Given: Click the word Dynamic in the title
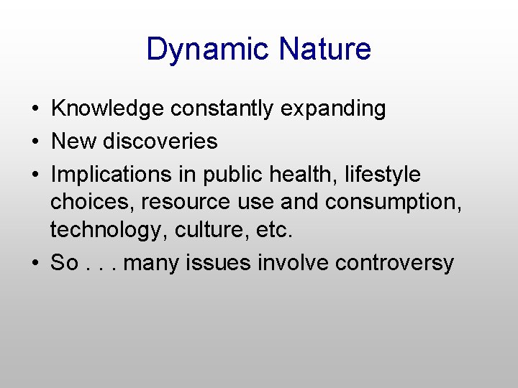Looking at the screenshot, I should tap(208, 50).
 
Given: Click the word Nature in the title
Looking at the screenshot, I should tap(324, 50).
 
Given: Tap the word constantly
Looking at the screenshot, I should tap(222, 108).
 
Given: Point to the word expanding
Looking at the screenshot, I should tap(333, 109).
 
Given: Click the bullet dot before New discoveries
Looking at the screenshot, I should tap(34, 142).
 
